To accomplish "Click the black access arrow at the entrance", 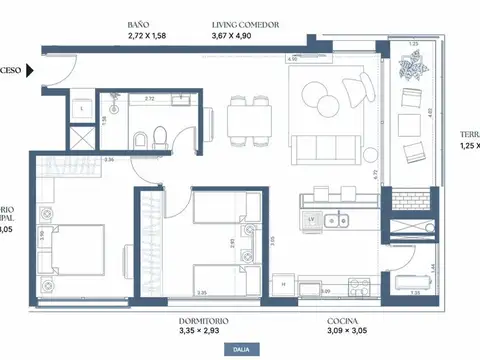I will click(x=32, y=71).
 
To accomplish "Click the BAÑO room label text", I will click(x=141, y=23).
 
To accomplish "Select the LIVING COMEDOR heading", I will click(x=245, y=23).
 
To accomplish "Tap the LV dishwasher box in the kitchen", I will click(x=312, y=217).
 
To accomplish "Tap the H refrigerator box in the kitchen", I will click(x=284, y=284).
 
